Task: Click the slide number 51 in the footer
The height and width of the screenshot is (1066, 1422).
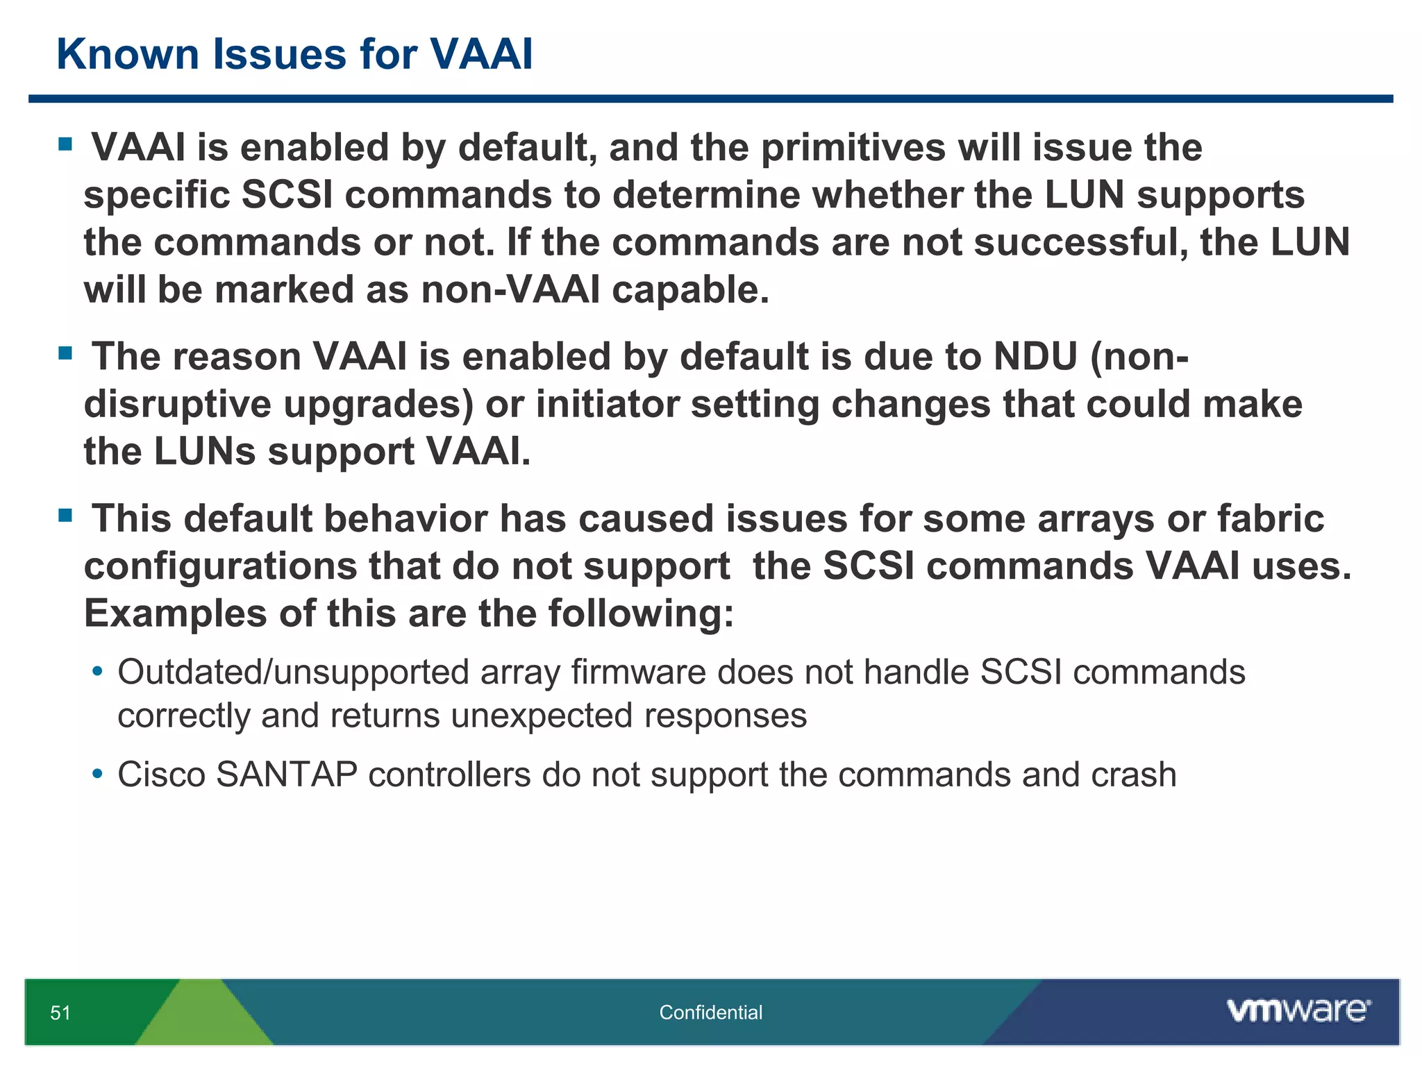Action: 60,1013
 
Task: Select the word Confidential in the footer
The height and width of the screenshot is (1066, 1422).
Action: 710,1013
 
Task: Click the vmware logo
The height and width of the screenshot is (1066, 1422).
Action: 1298,1010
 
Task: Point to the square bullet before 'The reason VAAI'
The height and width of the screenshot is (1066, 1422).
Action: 65,354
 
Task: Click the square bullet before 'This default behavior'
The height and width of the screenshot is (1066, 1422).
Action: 65,516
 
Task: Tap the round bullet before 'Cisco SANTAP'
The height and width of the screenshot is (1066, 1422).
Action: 98,773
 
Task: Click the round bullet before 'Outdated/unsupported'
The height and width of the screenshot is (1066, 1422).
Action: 98,672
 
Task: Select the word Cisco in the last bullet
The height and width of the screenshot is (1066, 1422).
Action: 161,775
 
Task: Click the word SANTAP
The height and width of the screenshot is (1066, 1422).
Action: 287,775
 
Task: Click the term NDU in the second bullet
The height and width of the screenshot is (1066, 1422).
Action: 1035,357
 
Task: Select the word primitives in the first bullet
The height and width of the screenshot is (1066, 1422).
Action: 853,149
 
